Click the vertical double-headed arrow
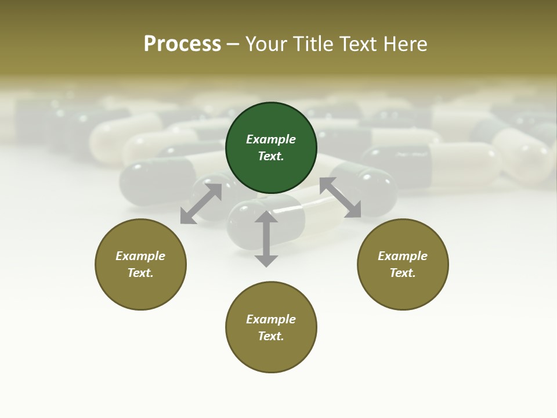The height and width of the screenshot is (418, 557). click(266, 239)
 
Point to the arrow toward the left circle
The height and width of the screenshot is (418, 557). click(201, 204)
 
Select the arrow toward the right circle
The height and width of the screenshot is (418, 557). click(340, 197)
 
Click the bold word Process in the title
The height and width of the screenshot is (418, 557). click(182, 44)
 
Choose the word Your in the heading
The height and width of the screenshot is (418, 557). click(266, 44)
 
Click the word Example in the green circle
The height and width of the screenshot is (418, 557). click(271, 139)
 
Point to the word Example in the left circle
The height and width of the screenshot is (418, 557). click(140, 256)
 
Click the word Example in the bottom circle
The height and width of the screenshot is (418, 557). click(271, 319)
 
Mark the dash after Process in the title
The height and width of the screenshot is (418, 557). click(233, 45)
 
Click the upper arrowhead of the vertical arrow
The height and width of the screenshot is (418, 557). click(266, 217)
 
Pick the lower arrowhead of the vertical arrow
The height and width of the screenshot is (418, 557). click(266, 261)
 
